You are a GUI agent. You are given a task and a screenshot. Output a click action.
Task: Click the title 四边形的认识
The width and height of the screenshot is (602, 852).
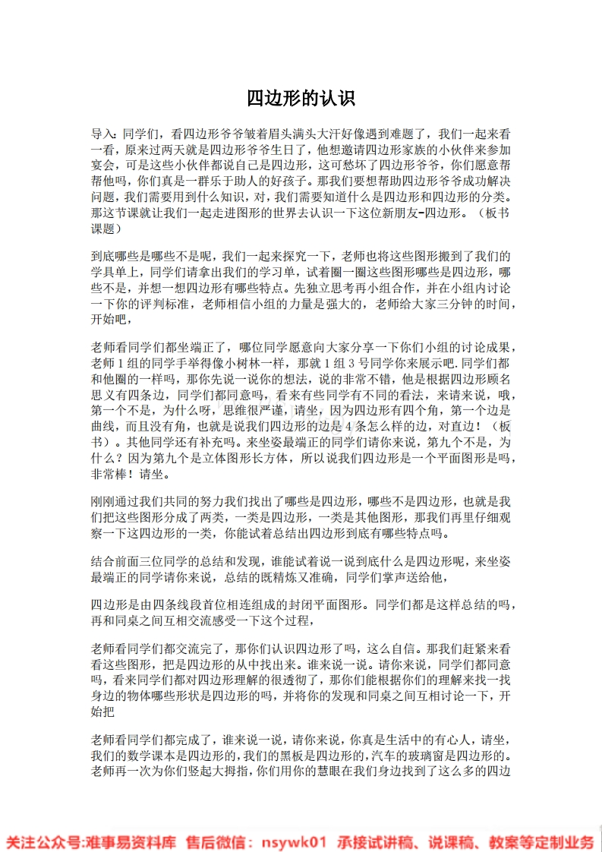pyautogui.click(x=301, y=99)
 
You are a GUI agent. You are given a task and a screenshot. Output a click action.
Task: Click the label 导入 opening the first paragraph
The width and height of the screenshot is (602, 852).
pyautogui.click(x=102, y=132)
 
